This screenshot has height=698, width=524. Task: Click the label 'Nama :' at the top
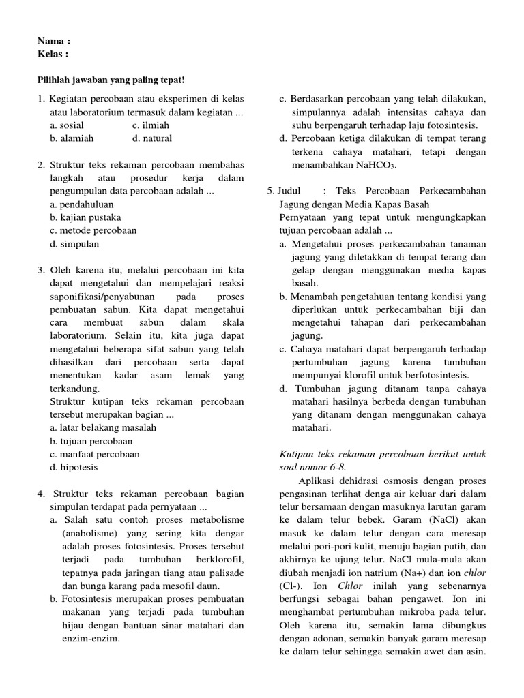[x=55, y=41]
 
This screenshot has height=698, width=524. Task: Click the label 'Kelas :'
[x=53, y=54]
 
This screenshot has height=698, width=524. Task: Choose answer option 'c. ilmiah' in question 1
[x=151, y=125]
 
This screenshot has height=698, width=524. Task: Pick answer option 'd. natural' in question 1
[x=152, y=138]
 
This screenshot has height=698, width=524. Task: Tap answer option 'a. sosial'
[x=67, y=125]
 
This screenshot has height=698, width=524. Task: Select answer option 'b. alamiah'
[x=72, y=138]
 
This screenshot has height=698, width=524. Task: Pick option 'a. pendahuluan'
[x=82, y=204]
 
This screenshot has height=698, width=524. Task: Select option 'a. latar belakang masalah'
[x=102, y=428]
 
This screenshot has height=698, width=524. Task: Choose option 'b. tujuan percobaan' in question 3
[x=91, y=441]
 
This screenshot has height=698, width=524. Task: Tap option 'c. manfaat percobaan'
[x=94, y=454]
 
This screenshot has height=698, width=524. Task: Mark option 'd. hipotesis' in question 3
[x=74, y=467]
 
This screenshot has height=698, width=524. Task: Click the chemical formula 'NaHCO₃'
[x=376, y=165]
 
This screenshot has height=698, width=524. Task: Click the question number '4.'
[x=42, y=494]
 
